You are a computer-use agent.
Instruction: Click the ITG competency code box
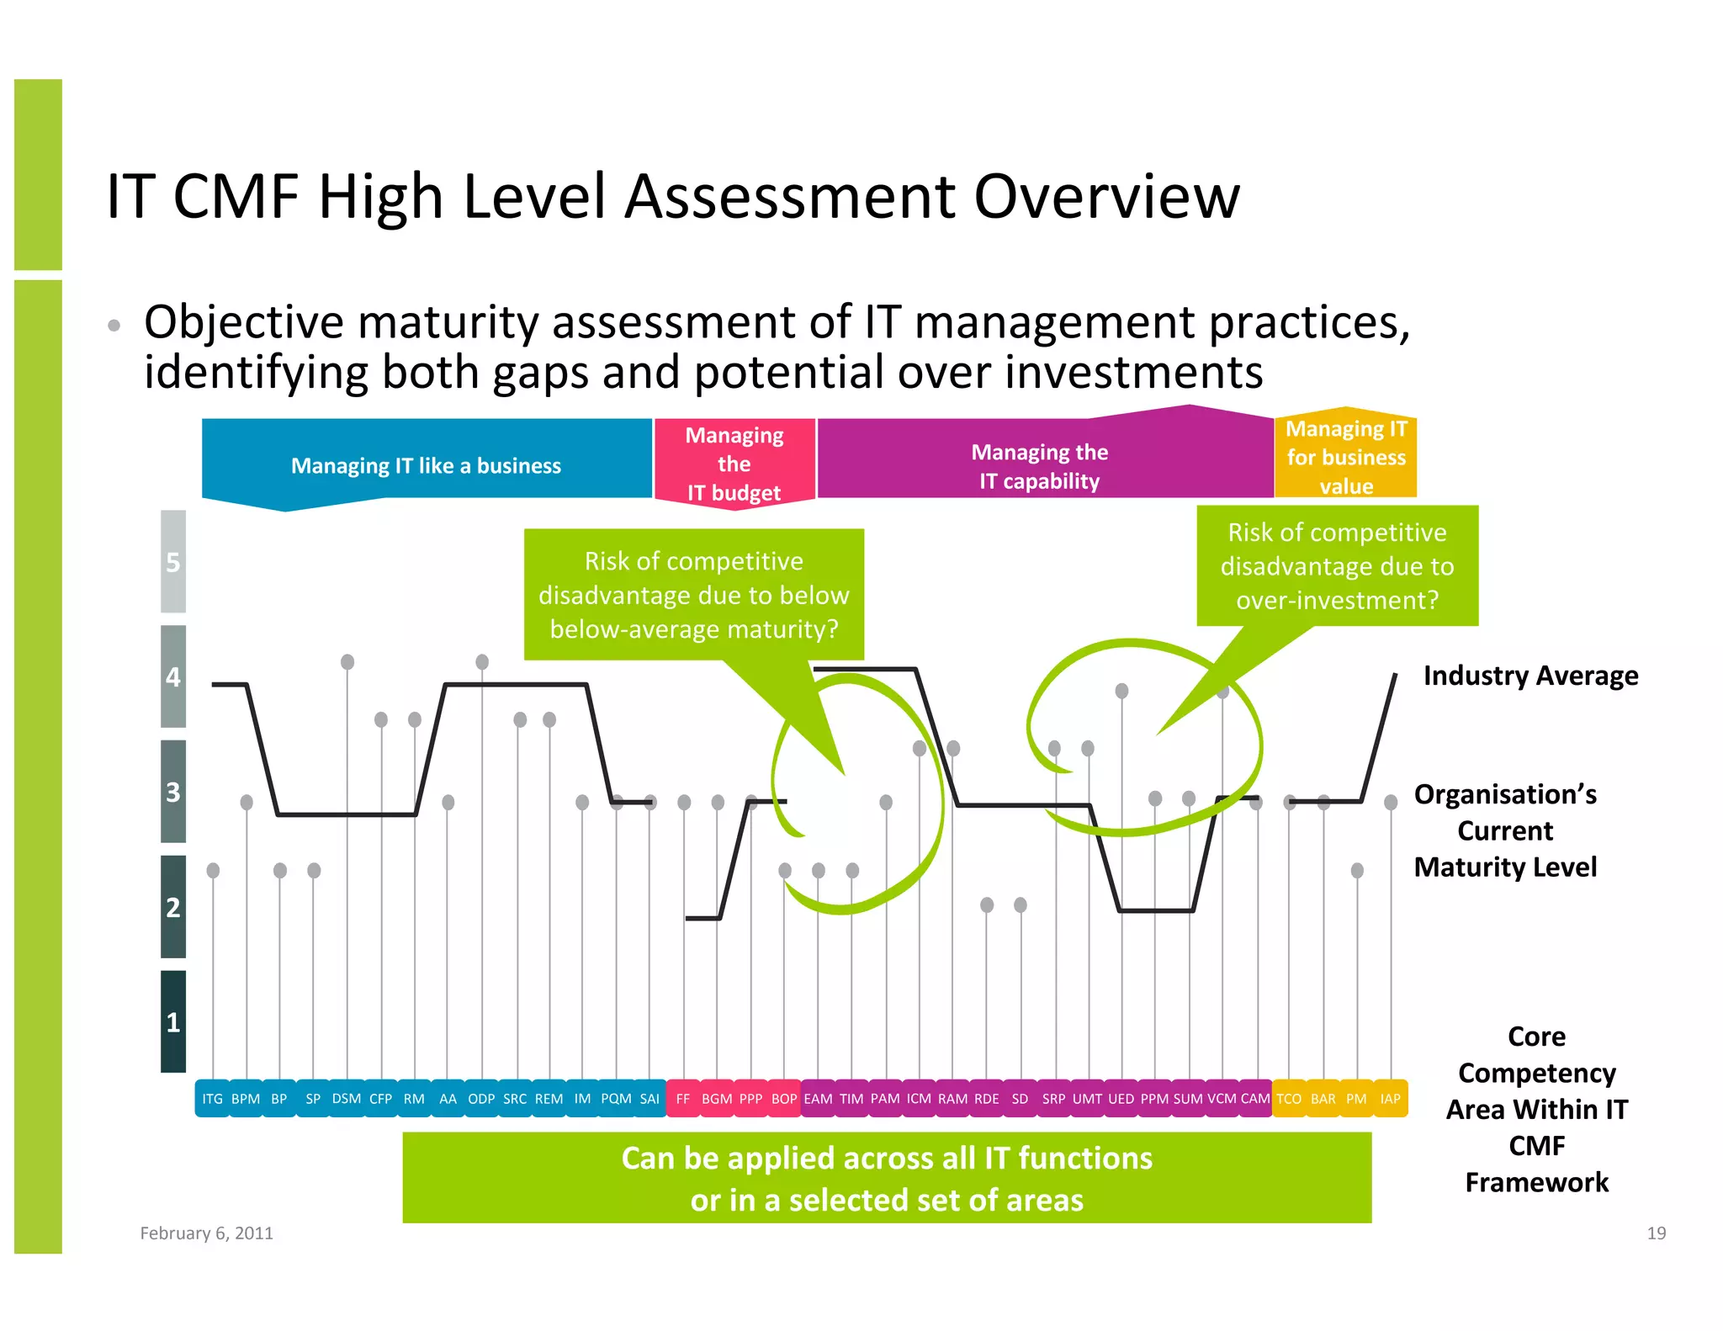click(x=212, y=1099)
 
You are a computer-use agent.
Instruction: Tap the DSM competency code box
click(x=347, y=1099)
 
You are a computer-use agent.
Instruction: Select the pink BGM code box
click(x=717, y=1099)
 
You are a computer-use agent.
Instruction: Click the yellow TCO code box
click(x=1289, y=1099)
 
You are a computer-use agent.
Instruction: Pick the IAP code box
click(x=1390, y=1099)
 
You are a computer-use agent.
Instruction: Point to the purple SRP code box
click(x=1053, y=1099)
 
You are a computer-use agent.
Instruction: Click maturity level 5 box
click(x=173, y=561)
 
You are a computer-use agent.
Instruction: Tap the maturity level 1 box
click(x=173, y=1021)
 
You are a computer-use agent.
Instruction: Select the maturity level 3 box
click(x=173, y=792)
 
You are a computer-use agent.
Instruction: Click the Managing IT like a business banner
click(x=426, y=464)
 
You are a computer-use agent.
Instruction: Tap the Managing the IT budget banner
click(x=734, y=464)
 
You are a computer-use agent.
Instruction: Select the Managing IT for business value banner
click(x=1345, y=457)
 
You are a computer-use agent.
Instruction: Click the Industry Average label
click(x=1530, y=676)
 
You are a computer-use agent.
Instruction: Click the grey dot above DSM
click(x=347, y=662)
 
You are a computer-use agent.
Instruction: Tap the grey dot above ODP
click(x=482, y=662)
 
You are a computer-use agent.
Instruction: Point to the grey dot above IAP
click(x=1391, y=803)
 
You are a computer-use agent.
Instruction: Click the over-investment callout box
click(x=1337, y=566)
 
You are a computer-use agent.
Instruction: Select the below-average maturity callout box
click(x=693, y=595)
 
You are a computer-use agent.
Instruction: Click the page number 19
click(x=1656, y=1233)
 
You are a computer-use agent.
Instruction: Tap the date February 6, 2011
click(x=206, y=1233)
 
